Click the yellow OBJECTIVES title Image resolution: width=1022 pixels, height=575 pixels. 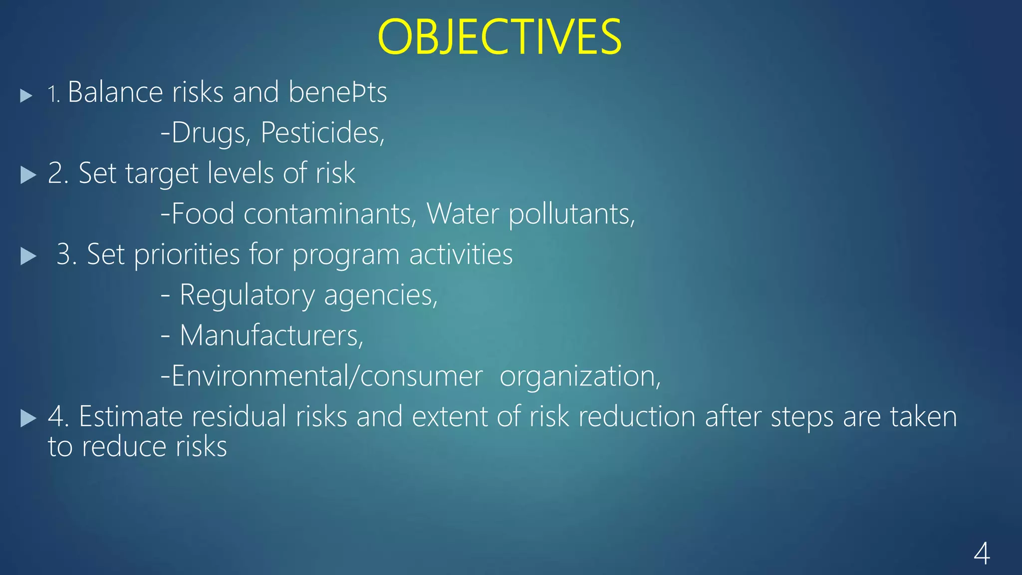[x=500, y=37]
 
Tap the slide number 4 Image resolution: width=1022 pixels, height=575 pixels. [x=982, y=554]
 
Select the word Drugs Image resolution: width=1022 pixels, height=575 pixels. [x=210, y=133]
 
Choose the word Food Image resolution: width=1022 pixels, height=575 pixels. [x=203, y=214]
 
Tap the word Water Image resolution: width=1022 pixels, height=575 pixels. [x=463, y=214]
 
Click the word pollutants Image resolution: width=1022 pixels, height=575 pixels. [x=572, y=215]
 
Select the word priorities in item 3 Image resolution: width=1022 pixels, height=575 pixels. [x=187, y=255]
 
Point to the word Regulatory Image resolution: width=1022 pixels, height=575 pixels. [x=247, y=295]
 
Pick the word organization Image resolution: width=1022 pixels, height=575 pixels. [x=580, y=376]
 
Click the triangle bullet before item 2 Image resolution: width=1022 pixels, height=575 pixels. [x=28, y=175]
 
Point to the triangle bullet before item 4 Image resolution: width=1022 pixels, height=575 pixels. [x=28, y=418]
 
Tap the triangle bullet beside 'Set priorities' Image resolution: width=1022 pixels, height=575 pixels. [x=28, y=256]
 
